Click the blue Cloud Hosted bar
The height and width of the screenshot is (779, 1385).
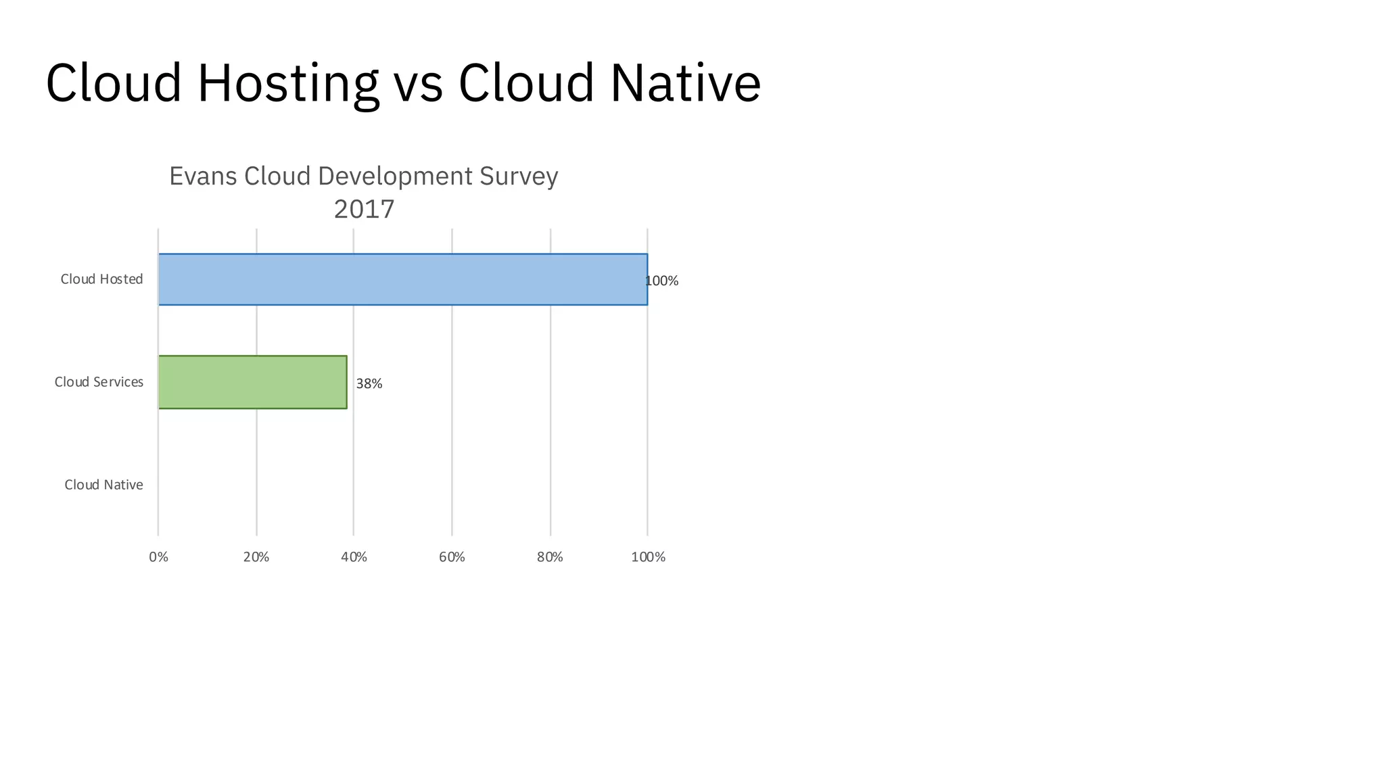(403, 279)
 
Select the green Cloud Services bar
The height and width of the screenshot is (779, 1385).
(252, 382)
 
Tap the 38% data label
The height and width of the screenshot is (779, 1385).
(369, 384)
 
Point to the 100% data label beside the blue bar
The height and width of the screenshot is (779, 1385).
(663, 281)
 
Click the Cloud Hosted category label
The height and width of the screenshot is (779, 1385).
(101, 279)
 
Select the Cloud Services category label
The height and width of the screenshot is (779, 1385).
(99, 382)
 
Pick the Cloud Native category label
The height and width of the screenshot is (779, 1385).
(103, 485)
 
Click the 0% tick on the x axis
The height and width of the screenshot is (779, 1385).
(158, 557)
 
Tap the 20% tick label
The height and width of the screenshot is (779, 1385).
(256, 557)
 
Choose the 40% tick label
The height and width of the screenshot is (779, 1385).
(354, 557)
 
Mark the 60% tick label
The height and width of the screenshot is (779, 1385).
(452, 557)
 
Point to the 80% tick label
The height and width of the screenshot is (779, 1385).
(550, 557)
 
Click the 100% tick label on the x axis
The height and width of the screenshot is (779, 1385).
(648, 557)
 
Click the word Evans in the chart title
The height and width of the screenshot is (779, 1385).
(203, 176)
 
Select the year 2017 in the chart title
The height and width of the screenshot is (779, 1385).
(364, 210)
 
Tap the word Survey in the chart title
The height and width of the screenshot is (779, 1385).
(519, 176)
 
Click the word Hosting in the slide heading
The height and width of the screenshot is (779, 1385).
(287, 83)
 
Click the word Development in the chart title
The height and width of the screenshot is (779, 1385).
(395, 176)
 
